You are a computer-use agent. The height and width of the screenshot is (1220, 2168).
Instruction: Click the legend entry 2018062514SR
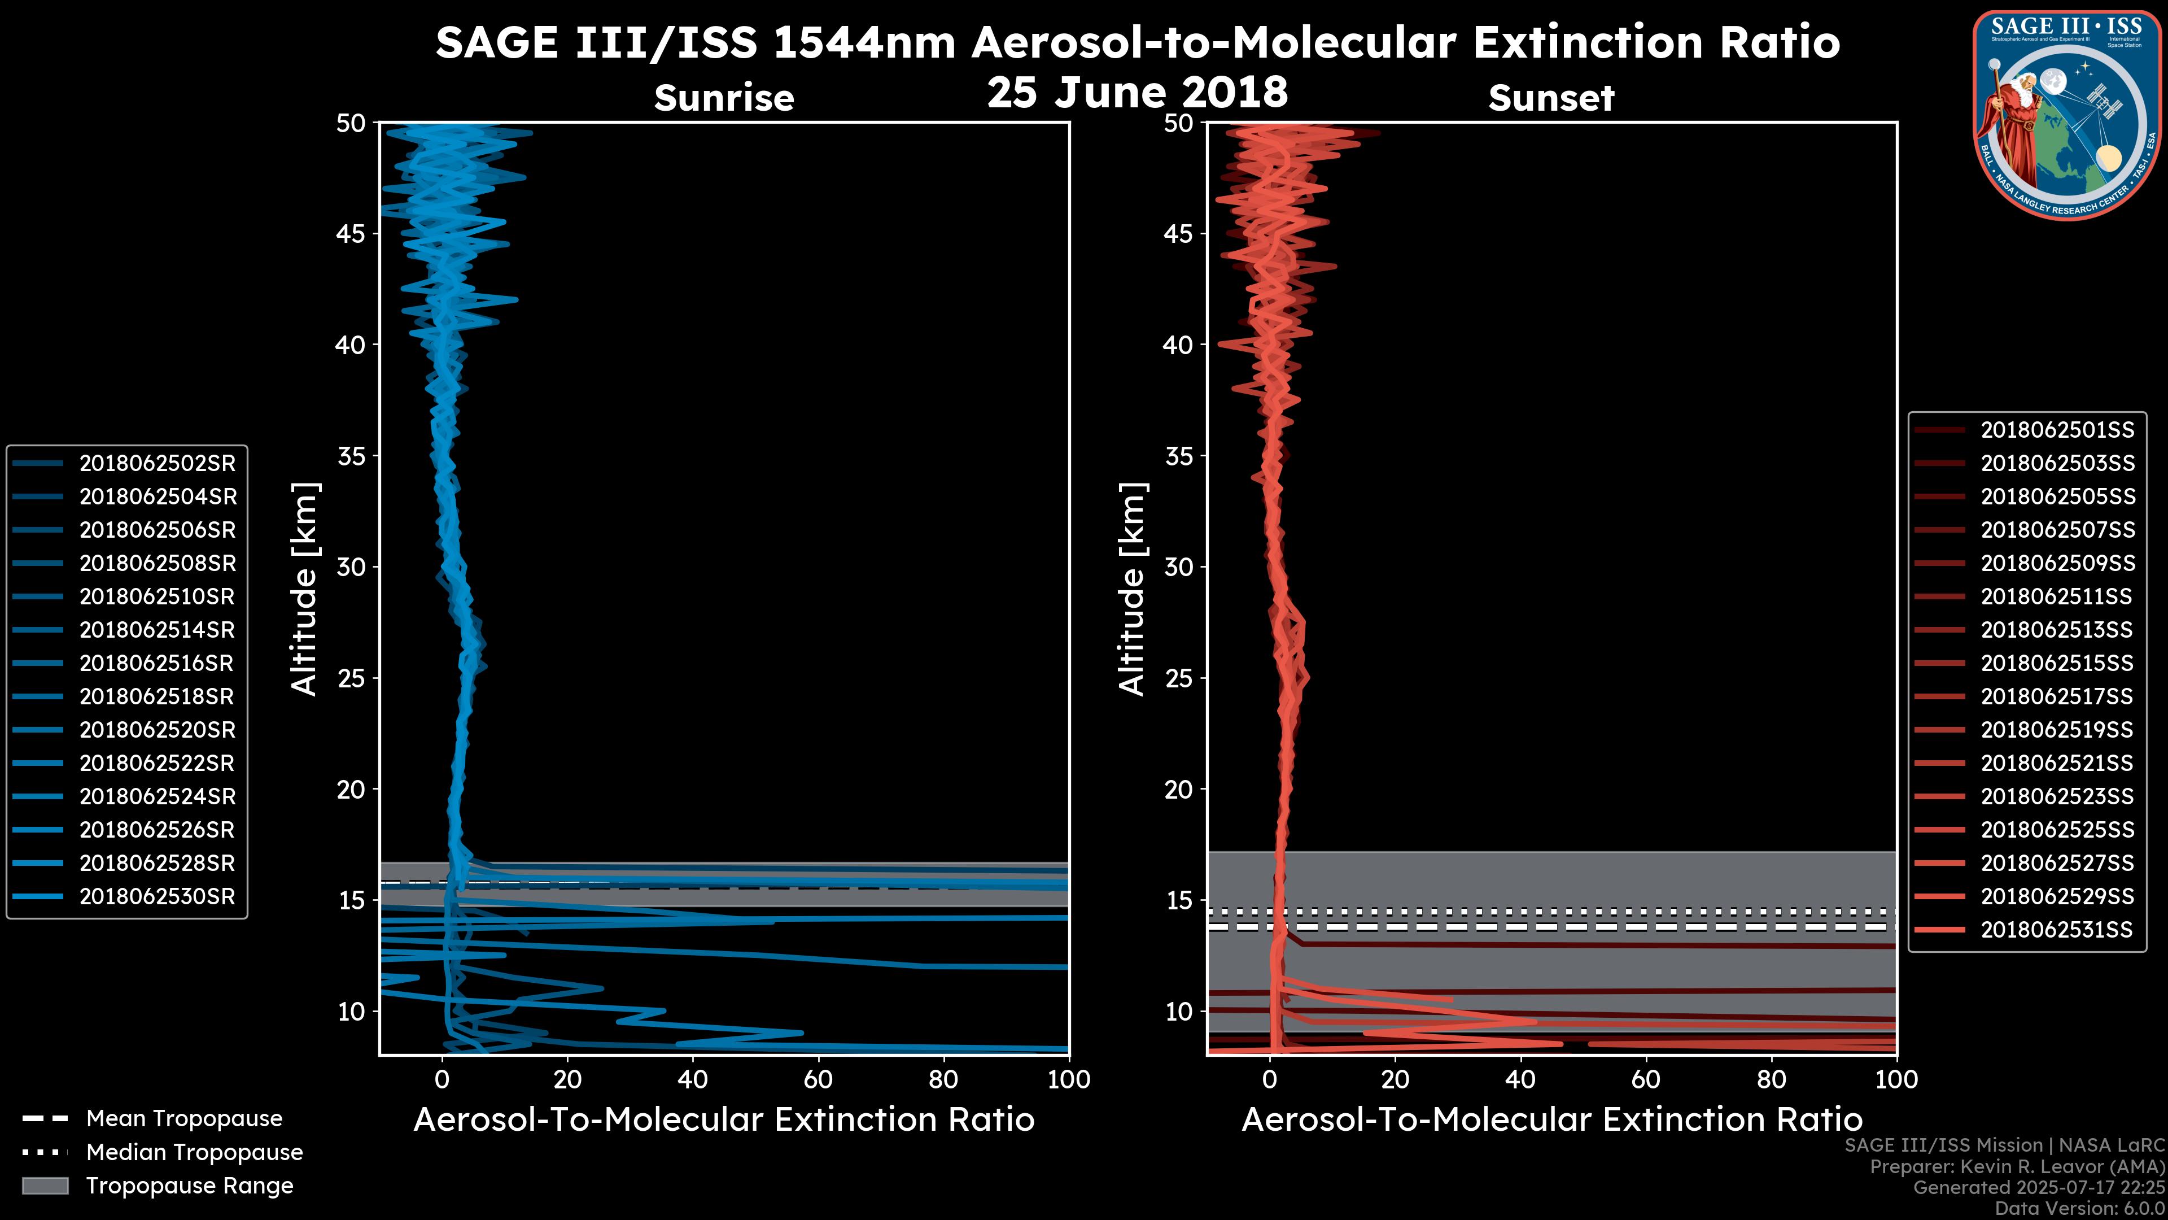tap(156, 630)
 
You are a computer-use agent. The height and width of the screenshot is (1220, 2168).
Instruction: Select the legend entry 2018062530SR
tap(156, 897)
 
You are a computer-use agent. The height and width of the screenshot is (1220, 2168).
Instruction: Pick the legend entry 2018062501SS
tap(2057, 430)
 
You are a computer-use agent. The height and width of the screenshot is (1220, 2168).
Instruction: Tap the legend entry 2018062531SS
tap(2057, 930)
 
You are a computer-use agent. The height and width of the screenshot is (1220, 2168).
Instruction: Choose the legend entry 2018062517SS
tap(2057, 696)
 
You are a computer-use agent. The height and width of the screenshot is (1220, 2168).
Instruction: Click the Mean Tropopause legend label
tap(183, 1118)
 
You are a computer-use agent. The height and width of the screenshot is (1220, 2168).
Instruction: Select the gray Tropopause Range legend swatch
tap(45, 1186)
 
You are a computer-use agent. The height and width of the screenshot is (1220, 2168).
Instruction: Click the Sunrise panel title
tap(724, 98)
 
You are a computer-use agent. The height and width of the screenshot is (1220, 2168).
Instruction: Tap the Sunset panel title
tap(1551, 98)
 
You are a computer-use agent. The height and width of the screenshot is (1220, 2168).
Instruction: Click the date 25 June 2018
tap(1137, 91)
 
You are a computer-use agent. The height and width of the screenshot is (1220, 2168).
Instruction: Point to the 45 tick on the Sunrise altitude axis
tap(351, 233)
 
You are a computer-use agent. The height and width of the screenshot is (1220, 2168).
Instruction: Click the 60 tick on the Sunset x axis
tap(1646, 1079)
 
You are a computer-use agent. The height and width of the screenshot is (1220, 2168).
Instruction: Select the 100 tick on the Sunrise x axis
tap(1068, 1079)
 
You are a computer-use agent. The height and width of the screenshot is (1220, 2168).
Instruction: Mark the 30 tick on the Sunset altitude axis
tap(1178, 567)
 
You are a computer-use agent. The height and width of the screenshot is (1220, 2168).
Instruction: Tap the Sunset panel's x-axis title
tap(1551, 1120)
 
